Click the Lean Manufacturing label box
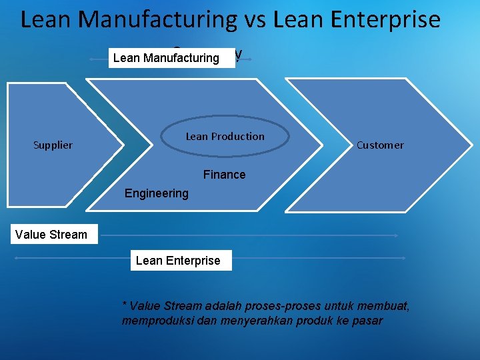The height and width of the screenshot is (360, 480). point(166,58)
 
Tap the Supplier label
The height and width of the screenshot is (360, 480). point(53,145)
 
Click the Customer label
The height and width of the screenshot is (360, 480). point(380,145)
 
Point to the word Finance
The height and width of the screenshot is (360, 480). point(224,175)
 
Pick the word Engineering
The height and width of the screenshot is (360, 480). point(157,193)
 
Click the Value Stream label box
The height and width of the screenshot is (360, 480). point(53,235)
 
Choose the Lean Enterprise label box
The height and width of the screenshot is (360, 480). point(178,261)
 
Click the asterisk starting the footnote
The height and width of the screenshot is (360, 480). point(125,306)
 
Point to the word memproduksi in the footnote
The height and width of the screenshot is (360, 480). point(157,321)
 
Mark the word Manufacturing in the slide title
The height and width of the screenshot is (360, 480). point(157,20)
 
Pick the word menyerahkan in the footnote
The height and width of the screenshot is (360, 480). point(258,321)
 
